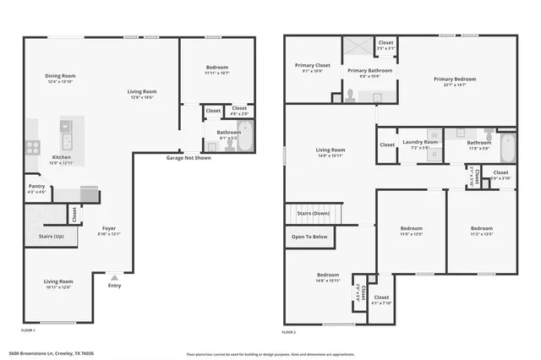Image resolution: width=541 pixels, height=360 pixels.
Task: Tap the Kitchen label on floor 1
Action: (62, 157)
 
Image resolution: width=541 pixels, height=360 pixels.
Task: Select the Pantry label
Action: (36, 187)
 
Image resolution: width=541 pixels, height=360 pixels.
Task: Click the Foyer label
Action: (110, 228)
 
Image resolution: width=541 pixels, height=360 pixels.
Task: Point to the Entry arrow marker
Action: (115, 276)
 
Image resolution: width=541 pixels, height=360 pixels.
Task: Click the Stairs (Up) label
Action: (51, 237)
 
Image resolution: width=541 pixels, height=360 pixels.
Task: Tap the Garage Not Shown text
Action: (189, 158)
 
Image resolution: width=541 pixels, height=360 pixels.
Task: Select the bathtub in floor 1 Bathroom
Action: (245, 138)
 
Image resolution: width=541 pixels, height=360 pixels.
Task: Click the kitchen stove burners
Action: (33, 145)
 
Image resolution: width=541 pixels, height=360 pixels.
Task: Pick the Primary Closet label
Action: (312, 65)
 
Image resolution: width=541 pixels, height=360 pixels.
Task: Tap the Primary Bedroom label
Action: (455, 79)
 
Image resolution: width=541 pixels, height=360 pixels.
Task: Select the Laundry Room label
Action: (420, 142)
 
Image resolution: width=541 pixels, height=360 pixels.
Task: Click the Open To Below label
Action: (309, 237)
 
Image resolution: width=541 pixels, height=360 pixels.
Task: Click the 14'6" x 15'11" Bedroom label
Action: (328, 275)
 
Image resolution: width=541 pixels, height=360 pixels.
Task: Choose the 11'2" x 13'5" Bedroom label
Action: (482, 228)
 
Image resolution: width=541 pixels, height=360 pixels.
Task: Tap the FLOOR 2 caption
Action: (294, 330)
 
